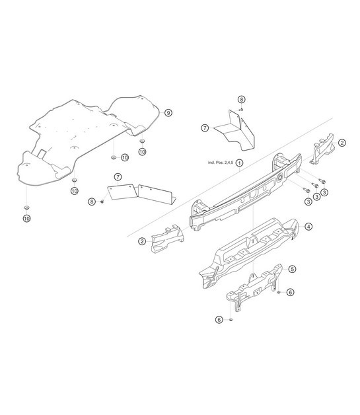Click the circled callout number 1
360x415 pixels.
[x=240, y=162]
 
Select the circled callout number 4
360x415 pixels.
[x=308, y=225]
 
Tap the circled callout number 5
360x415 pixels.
[x=292, y=269]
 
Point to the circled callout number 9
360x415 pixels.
[x=168, y=113]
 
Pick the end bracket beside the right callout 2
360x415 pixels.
[x=324, y=149]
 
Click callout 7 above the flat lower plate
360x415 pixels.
[x=117, y=177]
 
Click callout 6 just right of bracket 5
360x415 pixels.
[x=290, y=291]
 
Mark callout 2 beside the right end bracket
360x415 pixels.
[x=342, y=142]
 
